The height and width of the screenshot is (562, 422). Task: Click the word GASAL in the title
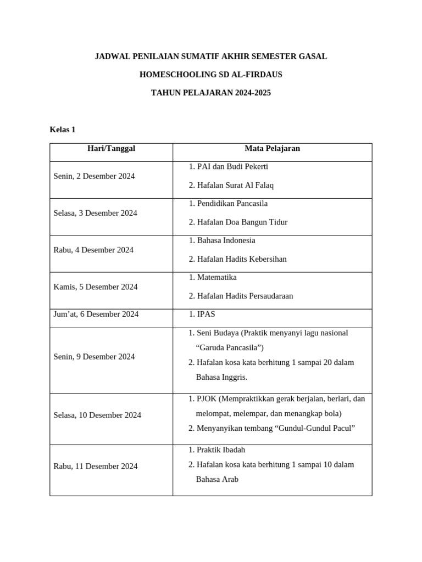[312, 57]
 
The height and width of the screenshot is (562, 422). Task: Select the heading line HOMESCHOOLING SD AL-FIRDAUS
[210, 75]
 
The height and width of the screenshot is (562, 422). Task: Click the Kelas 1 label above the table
[62, 130]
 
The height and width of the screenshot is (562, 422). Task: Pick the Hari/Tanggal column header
[111, 149]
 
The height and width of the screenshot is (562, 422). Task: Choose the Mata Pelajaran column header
[272, 149]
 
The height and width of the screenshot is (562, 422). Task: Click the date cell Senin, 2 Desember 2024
[94, 176]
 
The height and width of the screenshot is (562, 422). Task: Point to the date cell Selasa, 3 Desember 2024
[96, 213]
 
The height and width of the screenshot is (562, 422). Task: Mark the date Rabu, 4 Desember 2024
[93, 250]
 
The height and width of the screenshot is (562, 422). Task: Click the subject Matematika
[216, 277]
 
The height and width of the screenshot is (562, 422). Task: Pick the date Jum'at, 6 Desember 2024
[96, 314]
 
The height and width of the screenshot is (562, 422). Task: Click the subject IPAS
[206, 314]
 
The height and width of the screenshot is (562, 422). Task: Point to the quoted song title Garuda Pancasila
[230, 347]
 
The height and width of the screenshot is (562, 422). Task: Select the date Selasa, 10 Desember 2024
[97, 415]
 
